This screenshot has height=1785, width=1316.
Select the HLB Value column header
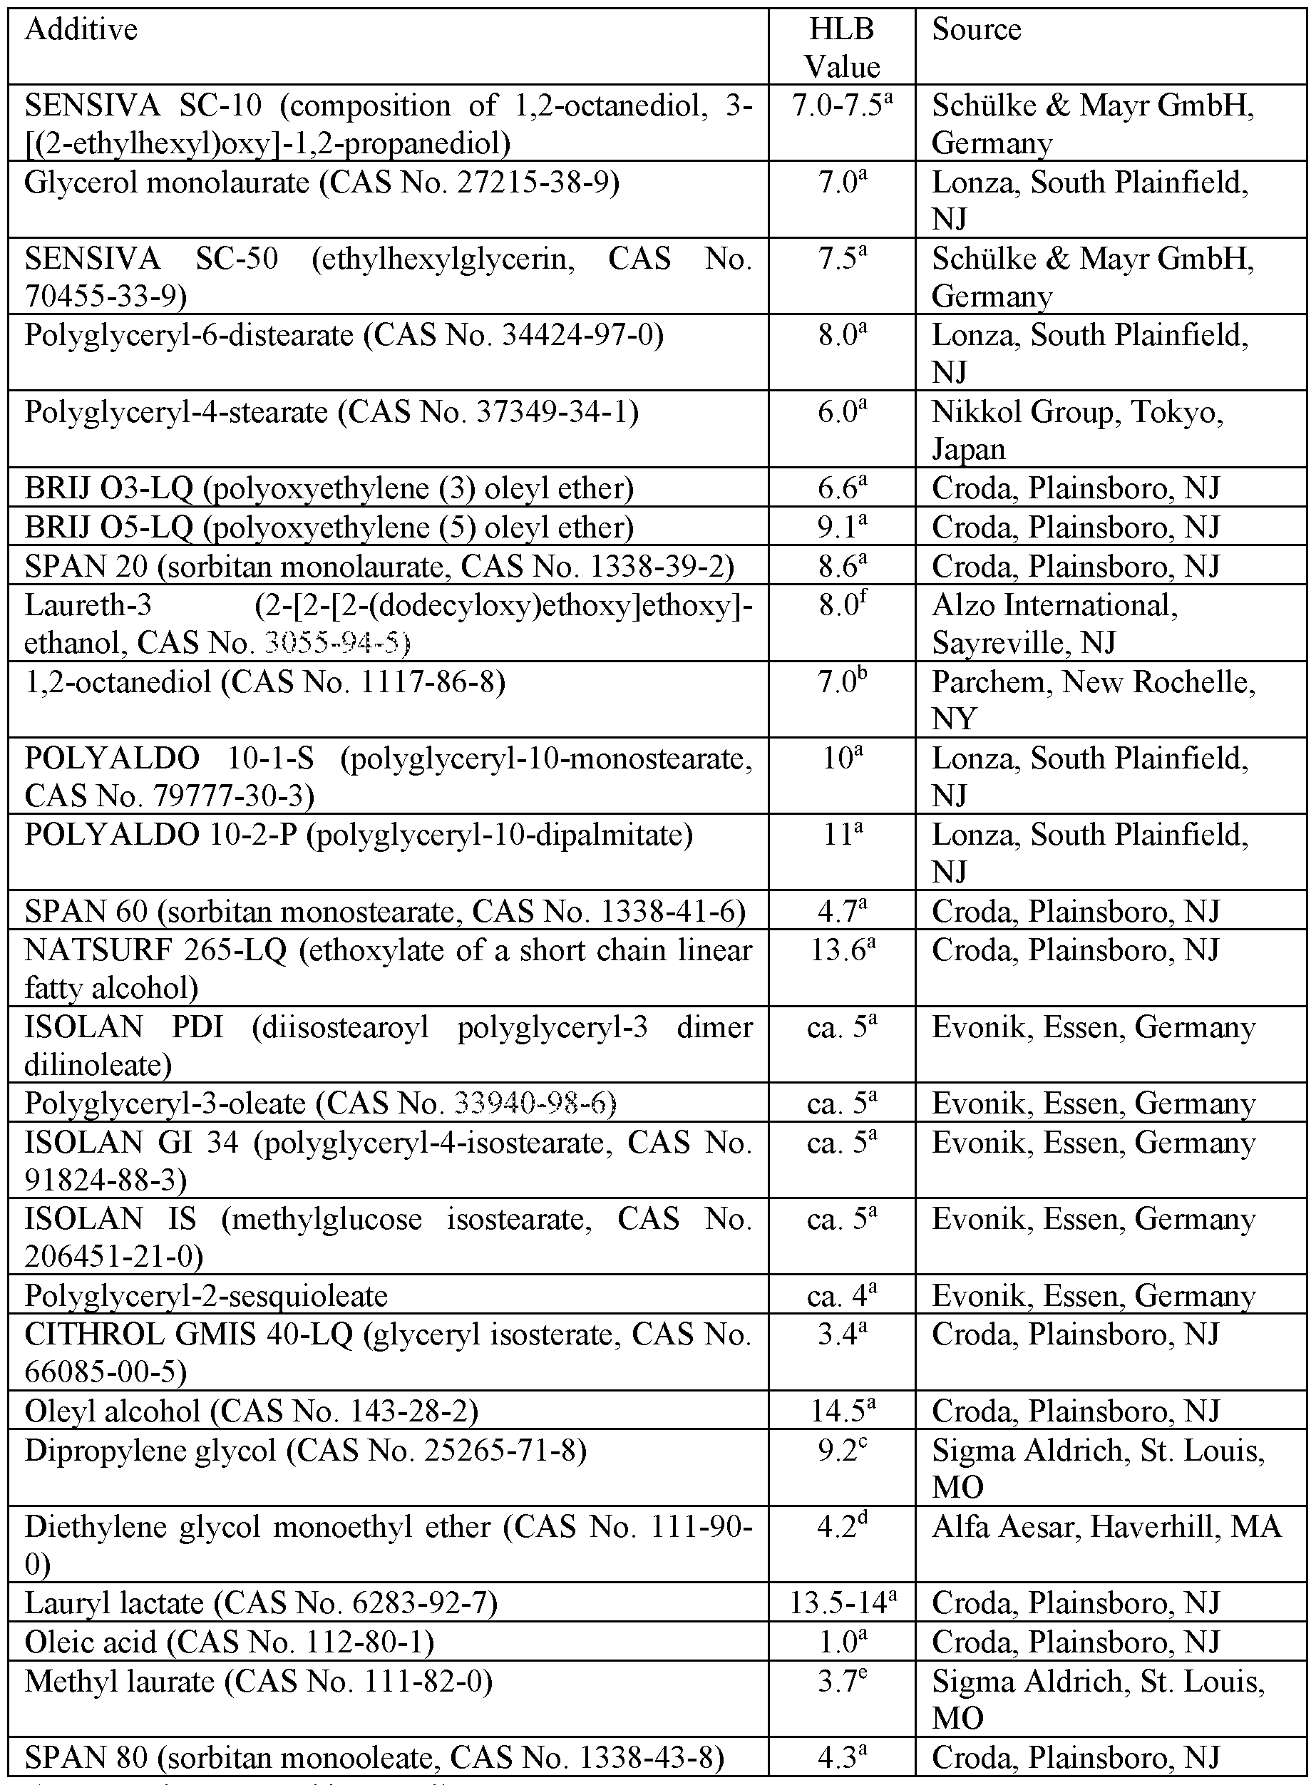point(841,48)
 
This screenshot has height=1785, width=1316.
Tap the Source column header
point(976,30)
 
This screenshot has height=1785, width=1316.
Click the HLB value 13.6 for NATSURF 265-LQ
point(841,950)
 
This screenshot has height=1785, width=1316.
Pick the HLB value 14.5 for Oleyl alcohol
point(841,1411)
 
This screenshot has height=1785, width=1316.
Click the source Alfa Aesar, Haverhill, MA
point(1106,1527)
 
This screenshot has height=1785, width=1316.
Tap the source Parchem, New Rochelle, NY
point(1093,699)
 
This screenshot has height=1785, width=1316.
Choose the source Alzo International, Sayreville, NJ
point(1054,624)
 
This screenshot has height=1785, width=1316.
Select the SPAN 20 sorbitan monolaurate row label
point(379,566)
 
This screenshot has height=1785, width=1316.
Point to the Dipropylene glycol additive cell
point(306,1451)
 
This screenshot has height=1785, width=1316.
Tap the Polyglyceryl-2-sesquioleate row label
point(206,1296)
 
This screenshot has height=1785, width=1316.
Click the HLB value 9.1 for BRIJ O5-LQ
point(841,528)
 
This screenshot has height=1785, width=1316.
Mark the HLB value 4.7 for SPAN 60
point(841,910)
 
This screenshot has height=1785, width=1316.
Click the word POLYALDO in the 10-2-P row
point(111,835)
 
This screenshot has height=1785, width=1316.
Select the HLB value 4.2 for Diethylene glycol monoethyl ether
point(841,1527)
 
